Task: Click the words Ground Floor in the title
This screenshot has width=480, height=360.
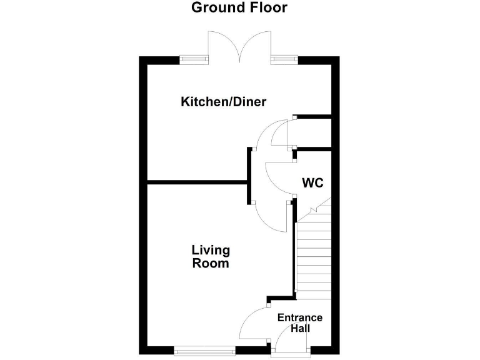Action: click(239, 8)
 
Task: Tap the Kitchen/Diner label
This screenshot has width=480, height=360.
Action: click(223, 102)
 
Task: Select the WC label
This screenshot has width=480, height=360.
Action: click(312, 183)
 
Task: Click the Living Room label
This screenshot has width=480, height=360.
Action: click(211, 257)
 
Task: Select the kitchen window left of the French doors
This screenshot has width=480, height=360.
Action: click(194, 59)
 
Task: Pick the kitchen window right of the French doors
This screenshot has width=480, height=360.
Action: click(284, 59)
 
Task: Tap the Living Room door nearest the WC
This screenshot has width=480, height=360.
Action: click(272, 216)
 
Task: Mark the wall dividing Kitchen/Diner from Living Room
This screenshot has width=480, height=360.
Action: click(197, 182)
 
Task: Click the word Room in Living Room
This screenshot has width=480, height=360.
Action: click(211, 264)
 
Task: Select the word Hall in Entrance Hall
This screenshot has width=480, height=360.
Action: click(300, 328)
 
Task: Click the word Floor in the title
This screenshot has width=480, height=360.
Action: click(267, 8)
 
